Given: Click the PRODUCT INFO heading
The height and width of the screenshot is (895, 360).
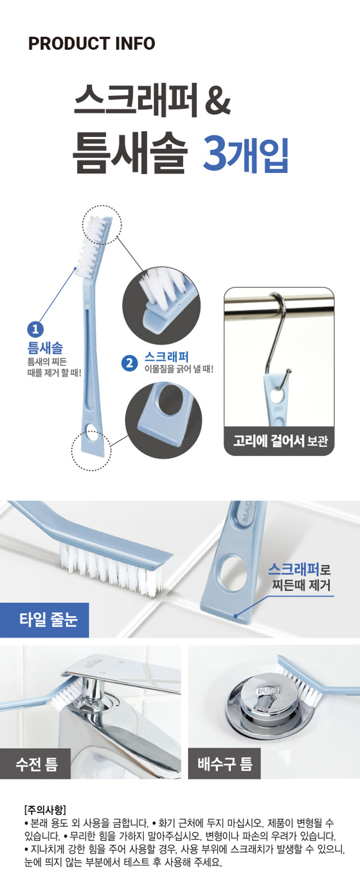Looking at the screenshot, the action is (x=91, y=43).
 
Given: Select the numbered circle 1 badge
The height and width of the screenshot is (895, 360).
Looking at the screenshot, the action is (x=35, y=329).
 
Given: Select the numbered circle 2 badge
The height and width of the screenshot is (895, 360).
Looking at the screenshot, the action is (x=129, y=363).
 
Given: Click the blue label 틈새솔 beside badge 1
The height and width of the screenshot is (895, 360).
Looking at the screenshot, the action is (x=45, y=348).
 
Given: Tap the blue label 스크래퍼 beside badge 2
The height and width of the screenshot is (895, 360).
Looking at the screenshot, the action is (x=166, y=357).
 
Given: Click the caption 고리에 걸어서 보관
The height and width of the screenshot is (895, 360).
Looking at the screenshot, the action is (x=280, y=441).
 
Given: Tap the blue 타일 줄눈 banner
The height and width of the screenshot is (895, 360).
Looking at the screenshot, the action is (x=44, y=620).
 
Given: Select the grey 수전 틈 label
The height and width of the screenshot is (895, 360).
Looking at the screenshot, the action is (x=35, y=764).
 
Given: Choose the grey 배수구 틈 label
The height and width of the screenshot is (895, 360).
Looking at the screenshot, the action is (x=224, y=764).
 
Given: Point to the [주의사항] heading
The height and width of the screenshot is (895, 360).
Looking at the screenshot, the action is (x=45, y=809).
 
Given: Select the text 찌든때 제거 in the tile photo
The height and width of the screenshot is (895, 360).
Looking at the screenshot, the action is (x=301, y=585).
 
